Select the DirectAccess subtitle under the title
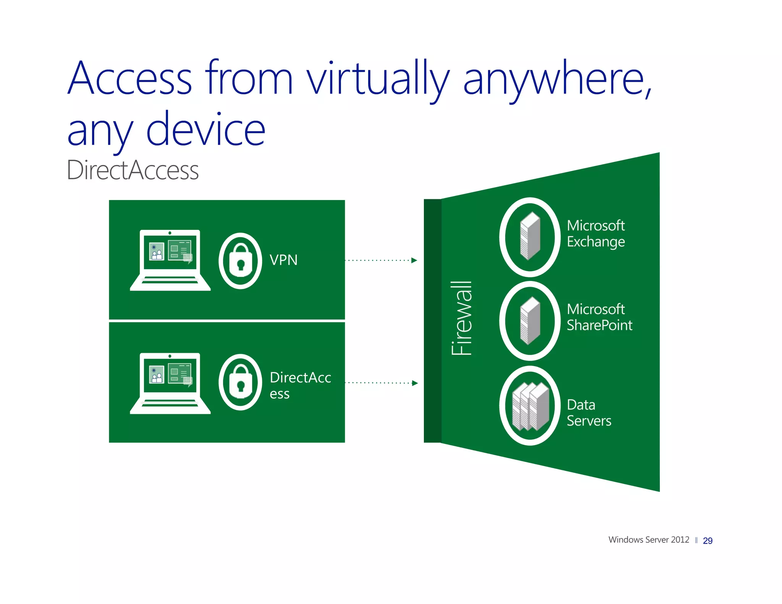[132, 170]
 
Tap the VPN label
[283, 260]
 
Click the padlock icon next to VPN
[240, 261]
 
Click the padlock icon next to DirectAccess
[240, 382]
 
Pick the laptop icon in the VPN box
[170, 260]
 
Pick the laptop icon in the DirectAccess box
[170, 383]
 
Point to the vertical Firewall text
[462, 318]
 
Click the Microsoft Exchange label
[595, 233]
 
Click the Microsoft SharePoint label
[599, 317]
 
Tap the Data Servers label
[588, 412]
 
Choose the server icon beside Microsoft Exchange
[530, 237]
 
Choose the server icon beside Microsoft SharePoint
[530, 321]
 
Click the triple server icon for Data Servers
[530, 406]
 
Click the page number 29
[707, 541]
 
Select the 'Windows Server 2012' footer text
[648, 539]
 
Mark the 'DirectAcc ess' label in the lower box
[300, 385]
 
